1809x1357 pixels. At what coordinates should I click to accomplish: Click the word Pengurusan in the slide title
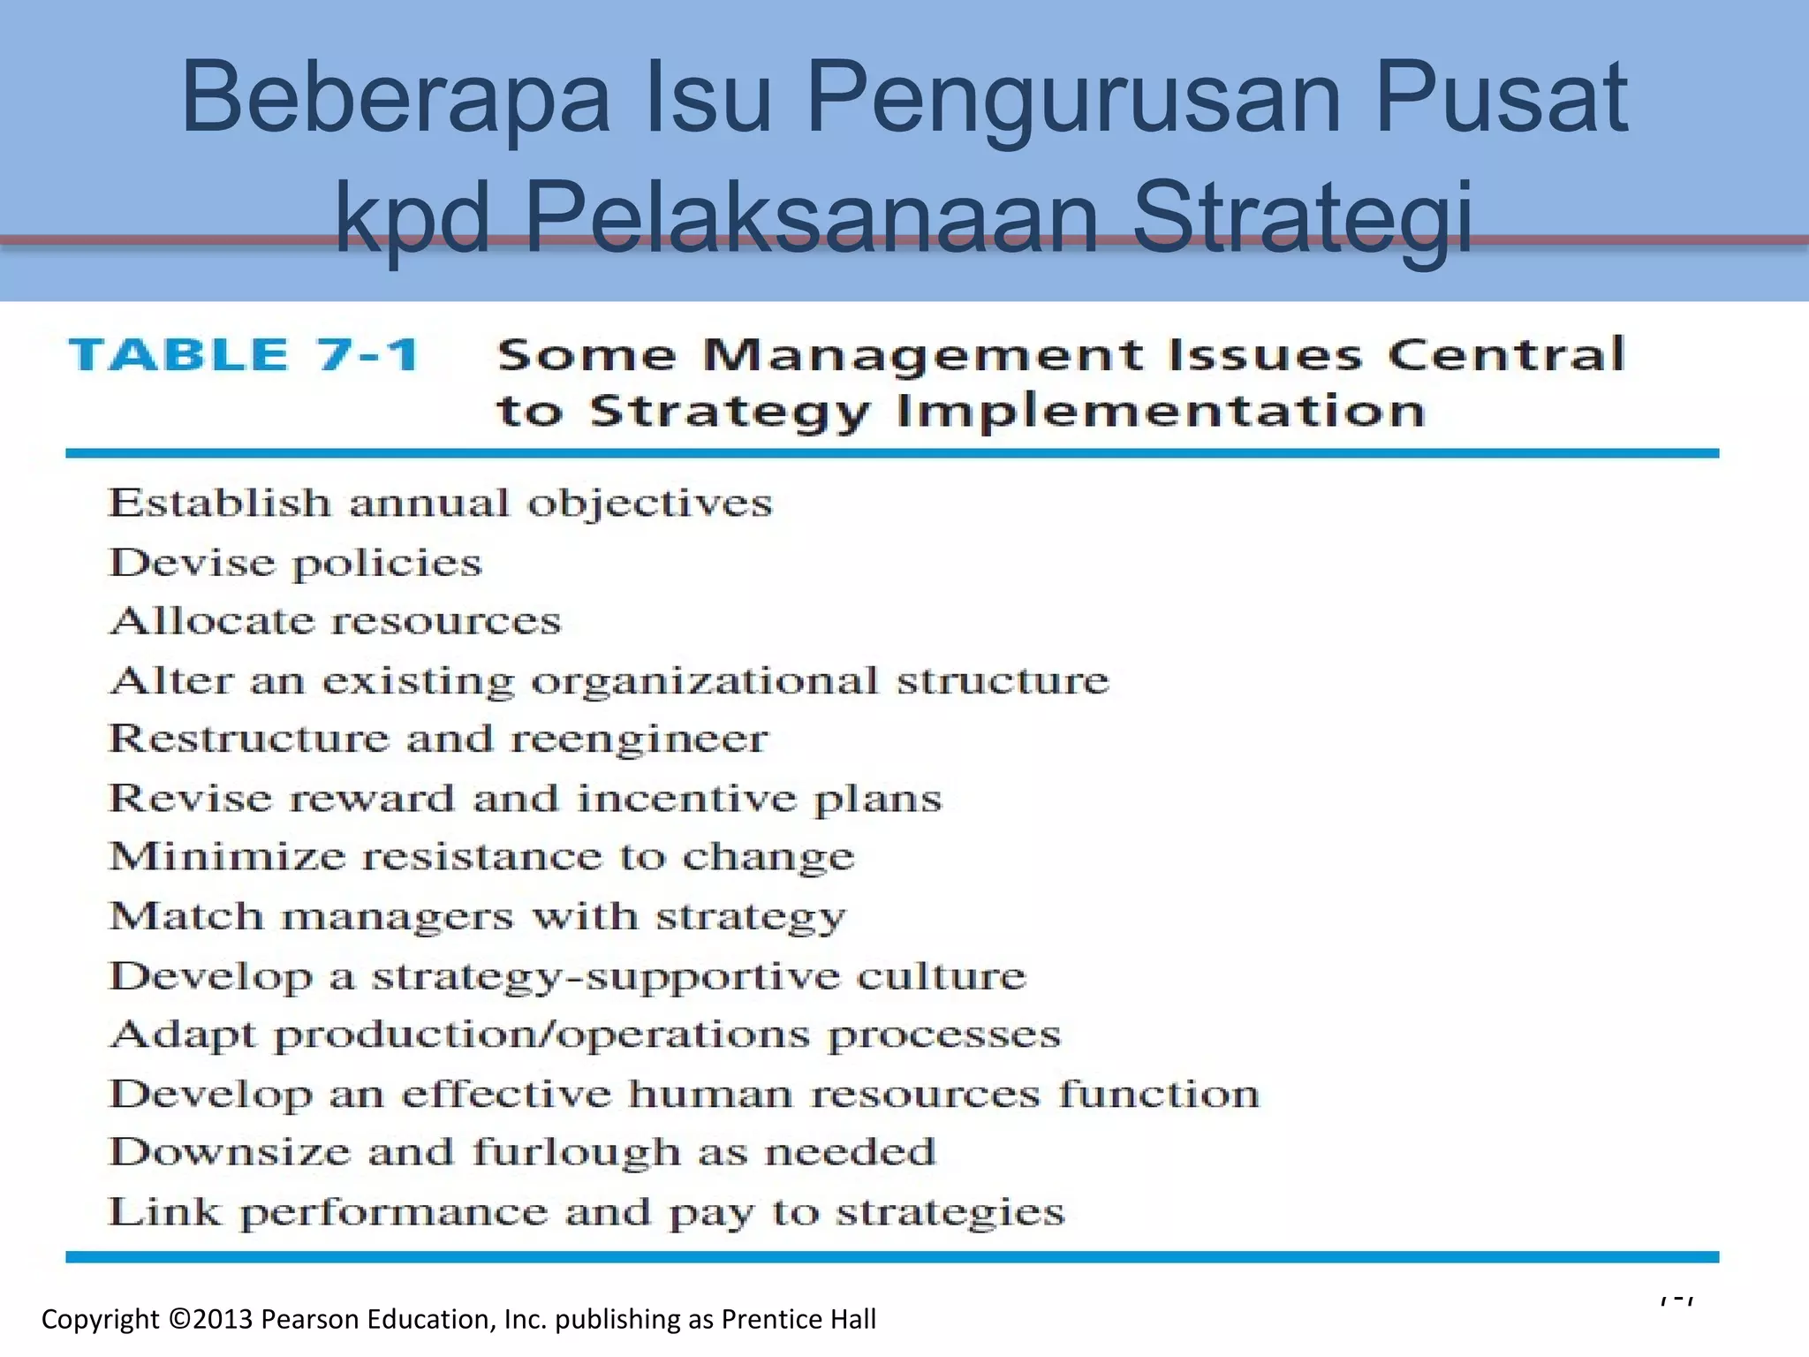click(x=1076, y=99)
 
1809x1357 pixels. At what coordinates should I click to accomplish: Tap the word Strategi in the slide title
click(x=1302, y=217)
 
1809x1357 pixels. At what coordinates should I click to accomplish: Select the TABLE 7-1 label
click(x=246, y=355)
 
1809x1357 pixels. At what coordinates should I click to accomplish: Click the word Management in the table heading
click(x=922, y=355)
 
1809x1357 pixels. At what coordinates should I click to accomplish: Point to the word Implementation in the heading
click(x=1161, y=412)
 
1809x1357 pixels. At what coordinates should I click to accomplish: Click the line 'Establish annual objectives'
click(x=440, y=504)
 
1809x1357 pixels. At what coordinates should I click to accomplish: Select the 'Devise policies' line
click(x=295, y=563)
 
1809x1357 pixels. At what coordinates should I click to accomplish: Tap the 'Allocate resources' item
click(x=335, y=621)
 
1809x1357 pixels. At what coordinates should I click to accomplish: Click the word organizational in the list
click(x=705, y=681)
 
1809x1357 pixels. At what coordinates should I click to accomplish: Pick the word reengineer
click(x=640, y=739)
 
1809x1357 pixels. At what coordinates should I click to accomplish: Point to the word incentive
click(x=686, y=799)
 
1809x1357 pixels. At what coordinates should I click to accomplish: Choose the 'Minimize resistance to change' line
click(x=481, y=857)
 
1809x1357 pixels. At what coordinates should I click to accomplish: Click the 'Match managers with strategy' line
click(x=477, y=916)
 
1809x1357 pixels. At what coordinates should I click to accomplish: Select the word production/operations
click(x=541, y=1035)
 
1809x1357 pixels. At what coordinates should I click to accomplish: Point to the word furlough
click(x=576, y=1153)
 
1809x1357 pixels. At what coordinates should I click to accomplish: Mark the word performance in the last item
click(x=394, y=1212)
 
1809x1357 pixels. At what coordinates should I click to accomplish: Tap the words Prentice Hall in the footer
click(x=799, y=1319)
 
